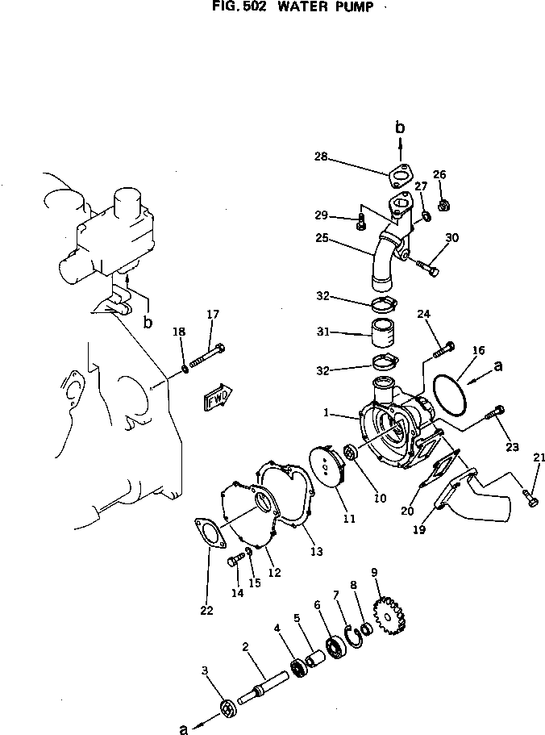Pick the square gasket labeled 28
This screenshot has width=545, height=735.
coord(397,175)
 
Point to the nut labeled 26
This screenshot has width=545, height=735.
coord(443,205)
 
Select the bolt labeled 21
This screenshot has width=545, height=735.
coord(530,498)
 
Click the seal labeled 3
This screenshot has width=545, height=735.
coord(229,709)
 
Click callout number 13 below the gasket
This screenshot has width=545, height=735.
coord(316,552)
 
